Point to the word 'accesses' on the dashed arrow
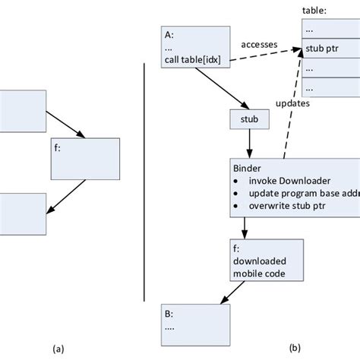258,45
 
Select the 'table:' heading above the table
315,11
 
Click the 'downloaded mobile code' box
267,263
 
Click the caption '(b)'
295,349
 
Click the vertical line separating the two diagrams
145,182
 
